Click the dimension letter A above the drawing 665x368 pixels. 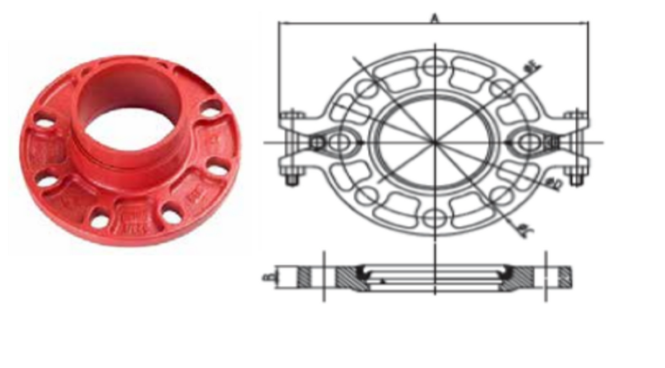(435, 18)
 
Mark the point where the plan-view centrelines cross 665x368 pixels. (435, 142)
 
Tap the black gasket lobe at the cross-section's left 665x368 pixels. (365, 272)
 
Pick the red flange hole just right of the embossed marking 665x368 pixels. (171, 216)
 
